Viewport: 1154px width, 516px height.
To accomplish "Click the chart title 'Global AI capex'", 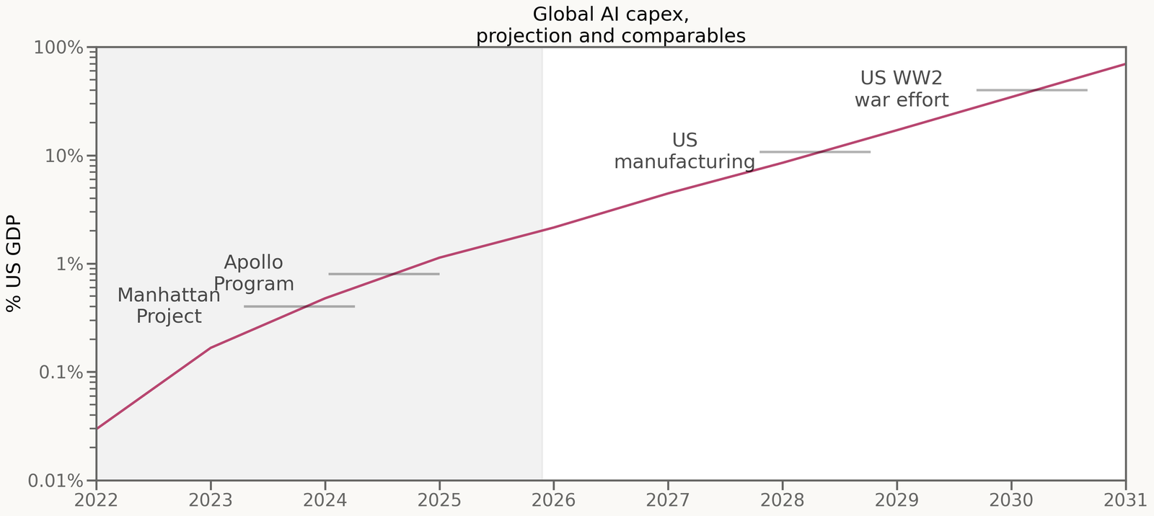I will point(610,14).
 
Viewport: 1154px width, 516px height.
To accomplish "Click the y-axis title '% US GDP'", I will point(13,264).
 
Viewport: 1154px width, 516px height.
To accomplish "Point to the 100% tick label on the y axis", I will point(59,48).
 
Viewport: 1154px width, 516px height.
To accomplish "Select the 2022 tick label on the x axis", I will point(96,499).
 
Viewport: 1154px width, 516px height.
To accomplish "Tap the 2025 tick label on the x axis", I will point(439,499).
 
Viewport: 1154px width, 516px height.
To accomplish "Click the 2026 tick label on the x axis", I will point(553,499).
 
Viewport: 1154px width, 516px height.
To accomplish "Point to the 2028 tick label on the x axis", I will point(783,499).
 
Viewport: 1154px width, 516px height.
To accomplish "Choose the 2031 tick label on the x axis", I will point(1126,499).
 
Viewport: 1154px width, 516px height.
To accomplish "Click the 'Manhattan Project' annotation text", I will point(169,306).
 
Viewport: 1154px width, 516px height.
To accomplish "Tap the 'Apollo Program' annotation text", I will point(254,273).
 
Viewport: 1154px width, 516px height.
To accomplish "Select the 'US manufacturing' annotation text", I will point(684,151).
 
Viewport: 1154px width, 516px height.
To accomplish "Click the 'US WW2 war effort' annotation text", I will point(902,89).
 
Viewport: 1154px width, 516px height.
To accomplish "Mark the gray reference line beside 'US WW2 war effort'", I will point(1031,90).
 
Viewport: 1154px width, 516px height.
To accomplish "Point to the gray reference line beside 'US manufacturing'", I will point(815,152).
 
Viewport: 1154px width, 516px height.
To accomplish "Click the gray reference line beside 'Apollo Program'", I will point(384,274).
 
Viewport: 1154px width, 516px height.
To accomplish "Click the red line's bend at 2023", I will point(211,348).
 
